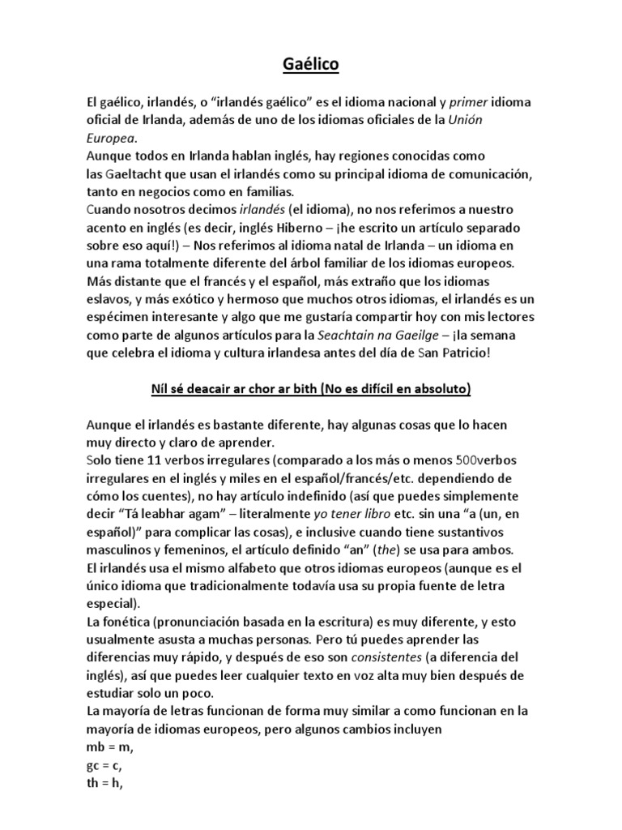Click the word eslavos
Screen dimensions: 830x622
[x=109, y=299]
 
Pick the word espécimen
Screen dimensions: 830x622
[x=119, y=317]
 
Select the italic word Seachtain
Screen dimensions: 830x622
[x=327, y=335]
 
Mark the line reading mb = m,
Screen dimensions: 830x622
[x=109, y=747]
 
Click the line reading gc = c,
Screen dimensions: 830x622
[x=104, y=764]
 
